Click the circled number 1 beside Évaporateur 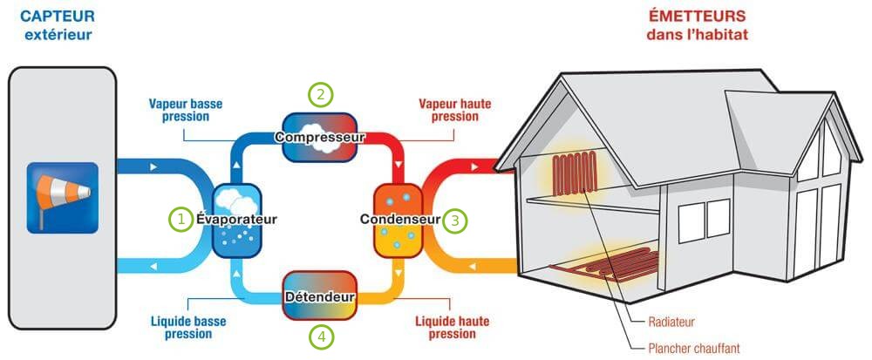pos(181,219)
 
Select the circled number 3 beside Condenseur pos(453,220)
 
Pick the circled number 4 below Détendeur pos(322,336)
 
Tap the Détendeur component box pos(320,297)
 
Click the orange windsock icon pos(61,198)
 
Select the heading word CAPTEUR pos(58,16)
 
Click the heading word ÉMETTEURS pos(697,17)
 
